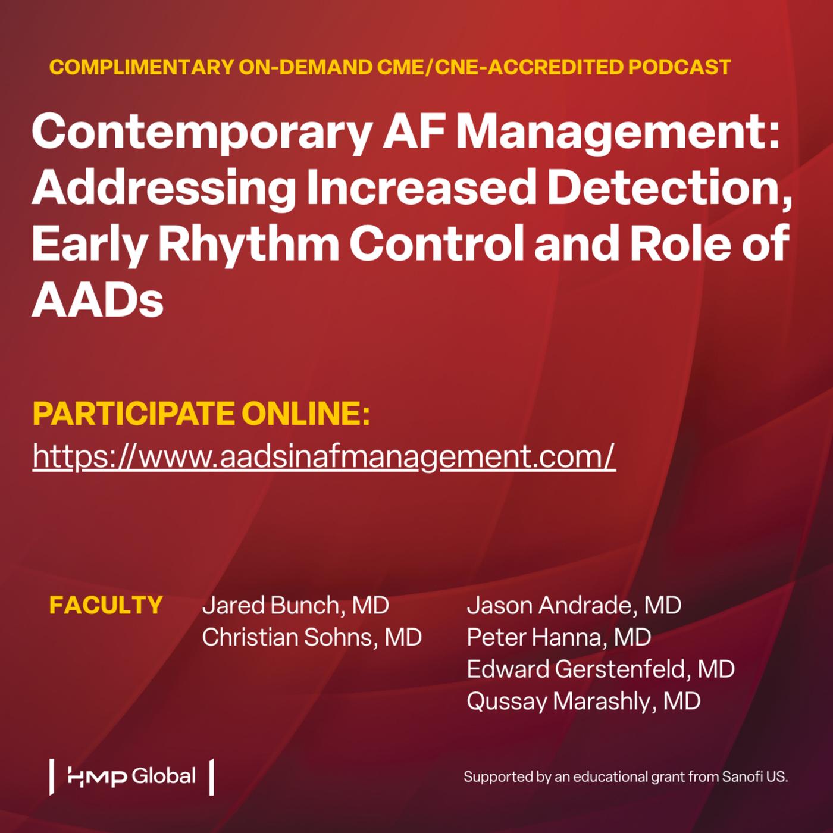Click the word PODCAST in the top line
click(679, 67)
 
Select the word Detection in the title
click(670, 187)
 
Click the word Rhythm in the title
click(249, 243)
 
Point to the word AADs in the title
click(98, 298)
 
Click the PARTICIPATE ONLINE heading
click(201, 414)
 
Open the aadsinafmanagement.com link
click(324, 456)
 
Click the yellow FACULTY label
click(106, 605)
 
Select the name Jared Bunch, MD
click(296, 605)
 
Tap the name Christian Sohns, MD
click(312, 637)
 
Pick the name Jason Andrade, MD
click(574, 605)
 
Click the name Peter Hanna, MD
click(559, 637)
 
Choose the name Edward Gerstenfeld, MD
click(600, 669)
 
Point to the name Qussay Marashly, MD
click(583, 702)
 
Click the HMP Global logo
click(131, 776)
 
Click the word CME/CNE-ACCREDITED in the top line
click(500, 67)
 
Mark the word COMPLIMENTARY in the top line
click(142, 67)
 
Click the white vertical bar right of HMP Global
click(211, 777)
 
